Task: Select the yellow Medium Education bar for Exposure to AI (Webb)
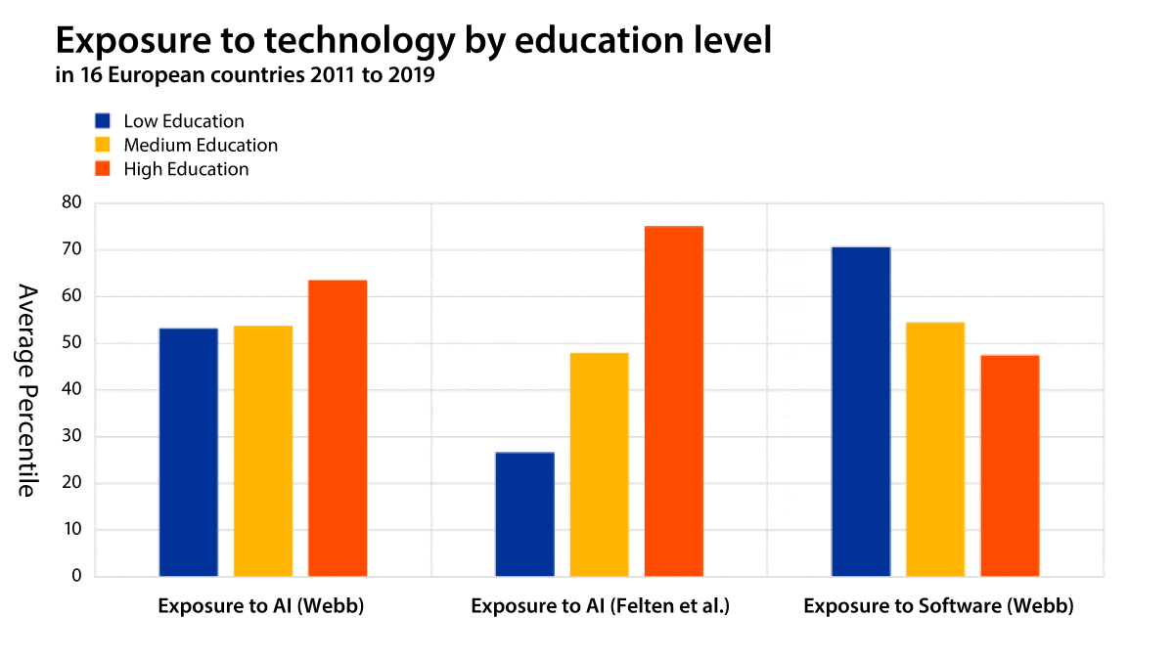(263, 451)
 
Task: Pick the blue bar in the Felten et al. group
(524, 514)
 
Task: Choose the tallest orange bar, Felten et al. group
(673, 401)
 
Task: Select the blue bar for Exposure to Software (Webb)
(861, 412)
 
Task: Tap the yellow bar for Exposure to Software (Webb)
(935, 449)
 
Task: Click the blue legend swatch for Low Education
(103, 121)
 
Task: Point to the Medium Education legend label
(201, 145)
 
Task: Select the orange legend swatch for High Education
(103, 168)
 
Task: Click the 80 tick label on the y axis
(71, 203)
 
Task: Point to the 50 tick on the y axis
(71, 343)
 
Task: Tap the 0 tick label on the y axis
(76, 576)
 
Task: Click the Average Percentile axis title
(26, 390)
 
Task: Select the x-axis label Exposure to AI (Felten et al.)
(601, 606)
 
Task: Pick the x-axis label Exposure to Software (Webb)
(938, 606)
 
